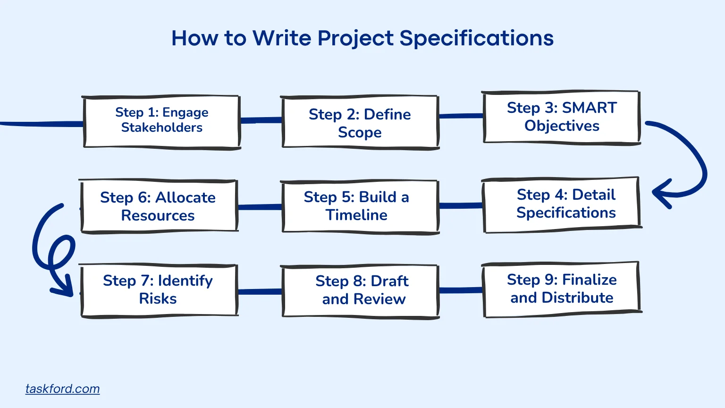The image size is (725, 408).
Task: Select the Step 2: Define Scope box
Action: tap(360, 122)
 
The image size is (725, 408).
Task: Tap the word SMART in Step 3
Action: tap(590, 108)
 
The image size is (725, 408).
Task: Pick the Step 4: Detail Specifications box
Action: tap(562, 205)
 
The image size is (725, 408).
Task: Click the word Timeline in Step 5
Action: tap(356, 215)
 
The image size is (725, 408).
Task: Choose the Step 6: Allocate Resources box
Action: tap(159, 206)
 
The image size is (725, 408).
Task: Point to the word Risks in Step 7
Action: tap(158, 298)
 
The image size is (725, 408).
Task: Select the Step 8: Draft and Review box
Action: tap(360, 291)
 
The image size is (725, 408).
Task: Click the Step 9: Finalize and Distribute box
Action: tap(562, 289)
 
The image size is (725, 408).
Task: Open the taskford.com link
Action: tap(62, 389)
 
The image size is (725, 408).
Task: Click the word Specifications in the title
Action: tap(476, 38)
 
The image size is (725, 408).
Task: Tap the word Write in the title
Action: tap(282, 38)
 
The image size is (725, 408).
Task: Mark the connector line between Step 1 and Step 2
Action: tap(261, 120)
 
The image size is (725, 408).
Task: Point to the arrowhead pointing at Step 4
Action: tap(662, 194)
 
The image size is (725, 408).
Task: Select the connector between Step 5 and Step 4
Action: tap(461, 205)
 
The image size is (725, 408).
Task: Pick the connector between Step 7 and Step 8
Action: tap(260, 292)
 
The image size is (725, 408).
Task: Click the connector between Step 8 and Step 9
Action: tap(461, 290)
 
